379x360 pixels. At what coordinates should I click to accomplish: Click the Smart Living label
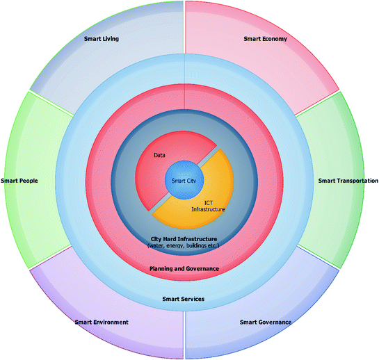tap(101, 39)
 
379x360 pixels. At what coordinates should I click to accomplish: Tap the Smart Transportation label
tap(348, 181)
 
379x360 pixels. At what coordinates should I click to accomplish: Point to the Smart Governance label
tap(265, 322)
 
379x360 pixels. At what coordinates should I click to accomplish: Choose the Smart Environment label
tap(102, 322)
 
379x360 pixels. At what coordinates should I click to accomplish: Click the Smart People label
tap(19, 181)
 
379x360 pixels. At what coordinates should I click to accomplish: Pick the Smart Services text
tap(184, 299)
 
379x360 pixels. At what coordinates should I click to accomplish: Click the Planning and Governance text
tap(184, 268)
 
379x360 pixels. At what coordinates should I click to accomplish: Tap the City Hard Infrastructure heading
tap(184, 238)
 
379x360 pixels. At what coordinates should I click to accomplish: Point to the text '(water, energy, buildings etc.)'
tap(184, 246)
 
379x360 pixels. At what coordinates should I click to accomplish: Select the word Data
tap(159, 156)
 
